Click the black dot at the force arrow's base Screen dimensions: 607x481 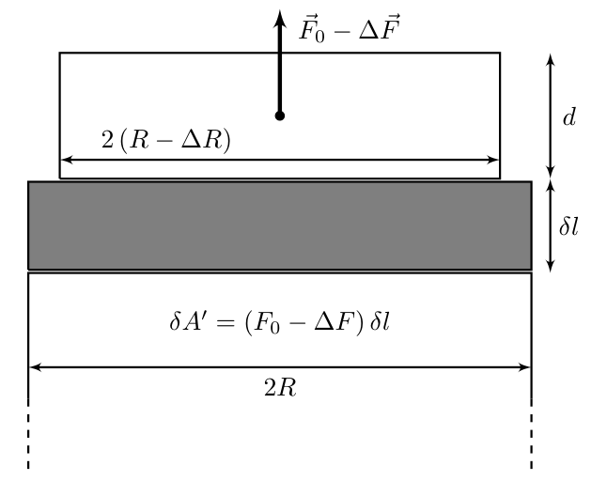click(x=280, y=116)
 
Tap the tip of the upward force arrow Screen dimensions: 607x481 click(x=280, y=10)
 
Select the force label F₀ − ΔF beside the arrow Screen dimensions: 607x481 click(x=350, y=28)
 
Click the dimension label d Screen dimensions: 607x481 click(x=569, y=116)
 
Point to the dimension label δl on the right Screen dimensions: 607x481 click(x=568, y=225)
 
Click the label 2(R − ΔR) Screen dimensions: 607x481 click(x=166, y=140)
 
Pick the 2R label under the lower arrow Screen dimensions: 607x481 click(x=280, y=387)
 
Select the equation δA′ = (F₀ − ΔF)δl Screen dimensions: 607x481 click(x=279, y=322)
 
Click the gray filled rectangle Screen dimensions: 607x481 click(x=280, y=225)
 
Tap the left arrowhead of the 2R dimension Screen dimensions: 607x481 click(x=30, y=366)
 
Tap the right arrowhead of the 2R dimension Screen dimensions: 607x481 click(x=530, y=366)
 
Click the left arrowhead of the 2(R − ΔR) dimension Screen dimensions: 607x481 click(x=62, y=160)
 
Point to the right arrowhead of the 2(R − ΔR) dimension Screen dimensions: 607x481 click(x=498, y=160)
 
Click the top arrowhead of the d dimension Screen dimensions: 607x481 click(x=551, y=54)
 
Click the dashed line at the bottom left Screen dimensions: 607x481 click(x=28, y=433)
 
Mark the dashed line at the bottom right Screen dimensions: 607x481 click(x=532, y=433)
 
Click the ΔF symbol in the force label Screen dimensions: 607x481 click(x=380, y=28)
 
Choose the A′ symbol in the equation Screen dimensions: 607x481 click(x=193, y=321)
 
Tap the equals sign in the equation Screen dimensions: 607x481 click(x=226, y=322)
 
